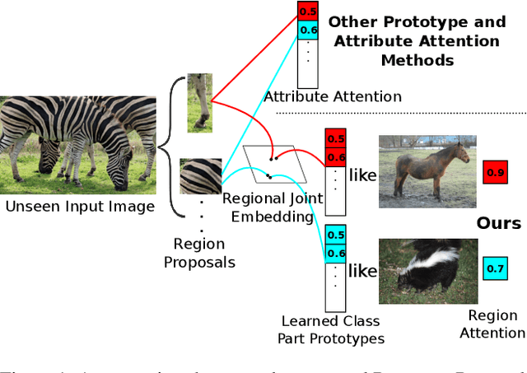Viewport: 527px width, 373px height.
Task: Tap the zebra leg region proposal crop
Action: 199,102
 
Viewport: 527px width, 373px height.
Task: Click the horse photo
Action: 427,171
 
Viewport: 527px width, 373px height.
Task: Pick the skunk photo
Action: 427,270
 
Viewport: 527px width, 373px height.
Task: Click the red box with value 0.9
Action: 495,173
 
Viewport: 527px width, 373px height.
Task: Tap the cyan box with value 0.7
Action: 495,268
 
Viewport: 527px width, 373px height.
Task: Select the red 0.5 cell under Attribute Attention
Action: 307,12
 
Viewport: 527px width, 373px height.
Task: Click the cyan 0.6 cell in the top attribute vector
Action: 307,30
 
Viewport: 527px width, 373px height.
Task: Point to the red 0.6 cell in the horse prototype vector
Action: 336,156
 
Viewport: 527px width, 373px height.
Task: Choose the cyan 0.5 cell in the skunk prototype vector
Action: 336,234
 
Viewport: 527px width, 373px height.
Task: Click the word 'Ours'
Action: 498,224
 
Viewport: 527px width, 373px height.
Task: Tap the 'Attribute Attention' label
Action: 333,97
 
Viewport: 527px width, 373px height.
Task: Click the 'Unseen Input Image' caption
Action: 79,206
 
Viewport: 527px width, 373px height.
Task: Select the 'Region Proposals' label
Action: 199,252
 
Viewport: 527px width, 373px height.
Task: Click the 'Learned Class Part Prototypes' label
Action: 333,329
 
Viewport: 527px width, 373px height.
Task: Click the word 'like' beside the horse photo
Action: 362,175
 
